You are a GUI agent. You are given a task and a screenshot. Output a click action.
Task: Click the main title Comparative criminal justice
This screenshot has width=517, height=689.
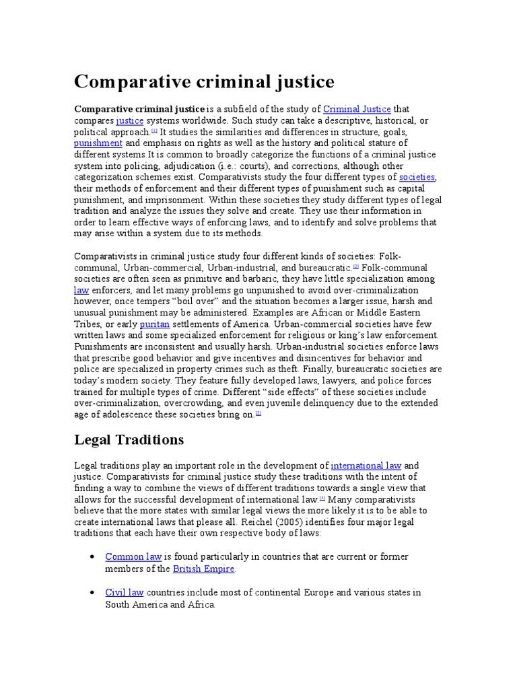(203, 81)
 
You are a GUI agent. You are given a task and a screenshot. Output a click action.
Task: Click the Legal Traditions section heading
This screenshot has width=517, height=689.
(128, 439)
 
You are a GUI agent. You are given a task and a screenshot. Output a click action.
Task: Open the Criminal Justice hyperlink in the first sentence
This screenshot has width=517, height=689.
(357, 109)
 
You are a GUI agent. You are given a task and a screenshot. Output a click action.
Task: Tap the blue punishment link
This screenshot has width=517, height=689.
(98, 143)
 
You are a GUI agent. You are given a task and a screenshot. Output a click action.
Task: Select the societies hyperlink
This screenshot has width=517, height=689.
(417, 177)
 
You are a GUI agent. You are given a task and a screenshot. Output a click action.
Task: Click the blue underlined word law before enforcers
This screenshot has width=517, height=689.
(81, 290)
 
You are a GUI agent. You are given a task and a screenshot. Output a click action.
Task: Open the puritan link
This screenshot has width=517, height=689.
(154, 324)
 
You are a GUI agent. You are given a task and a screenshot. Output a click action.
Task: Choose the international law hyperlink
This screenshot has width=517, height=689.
(366, 466)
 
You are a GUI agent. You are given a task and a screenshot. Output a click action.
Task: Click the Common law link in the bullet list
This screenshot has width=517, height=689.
(133, 557)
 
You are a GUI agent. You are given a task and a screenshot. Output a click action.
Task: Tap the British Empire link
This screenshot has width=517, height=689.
(203, 569)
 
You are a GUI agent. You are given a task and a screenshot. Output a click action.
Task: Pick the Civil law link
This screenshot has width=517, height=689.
(125, 593)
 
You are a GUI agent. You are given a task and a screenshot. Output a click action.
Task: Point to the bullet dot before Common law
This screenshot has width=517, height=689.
(92, 558)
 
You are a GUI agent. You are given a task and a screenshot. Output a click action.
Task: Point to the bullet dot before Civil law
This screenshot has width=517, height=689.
(92, 593)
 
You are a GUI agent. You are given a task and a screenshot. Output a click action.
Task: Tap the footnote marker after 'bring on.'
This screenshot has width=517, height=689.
(258, 413)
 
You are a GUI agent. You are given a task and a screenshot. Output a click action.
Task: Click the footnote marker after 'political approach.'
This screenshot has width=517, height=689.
(154, 131)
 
